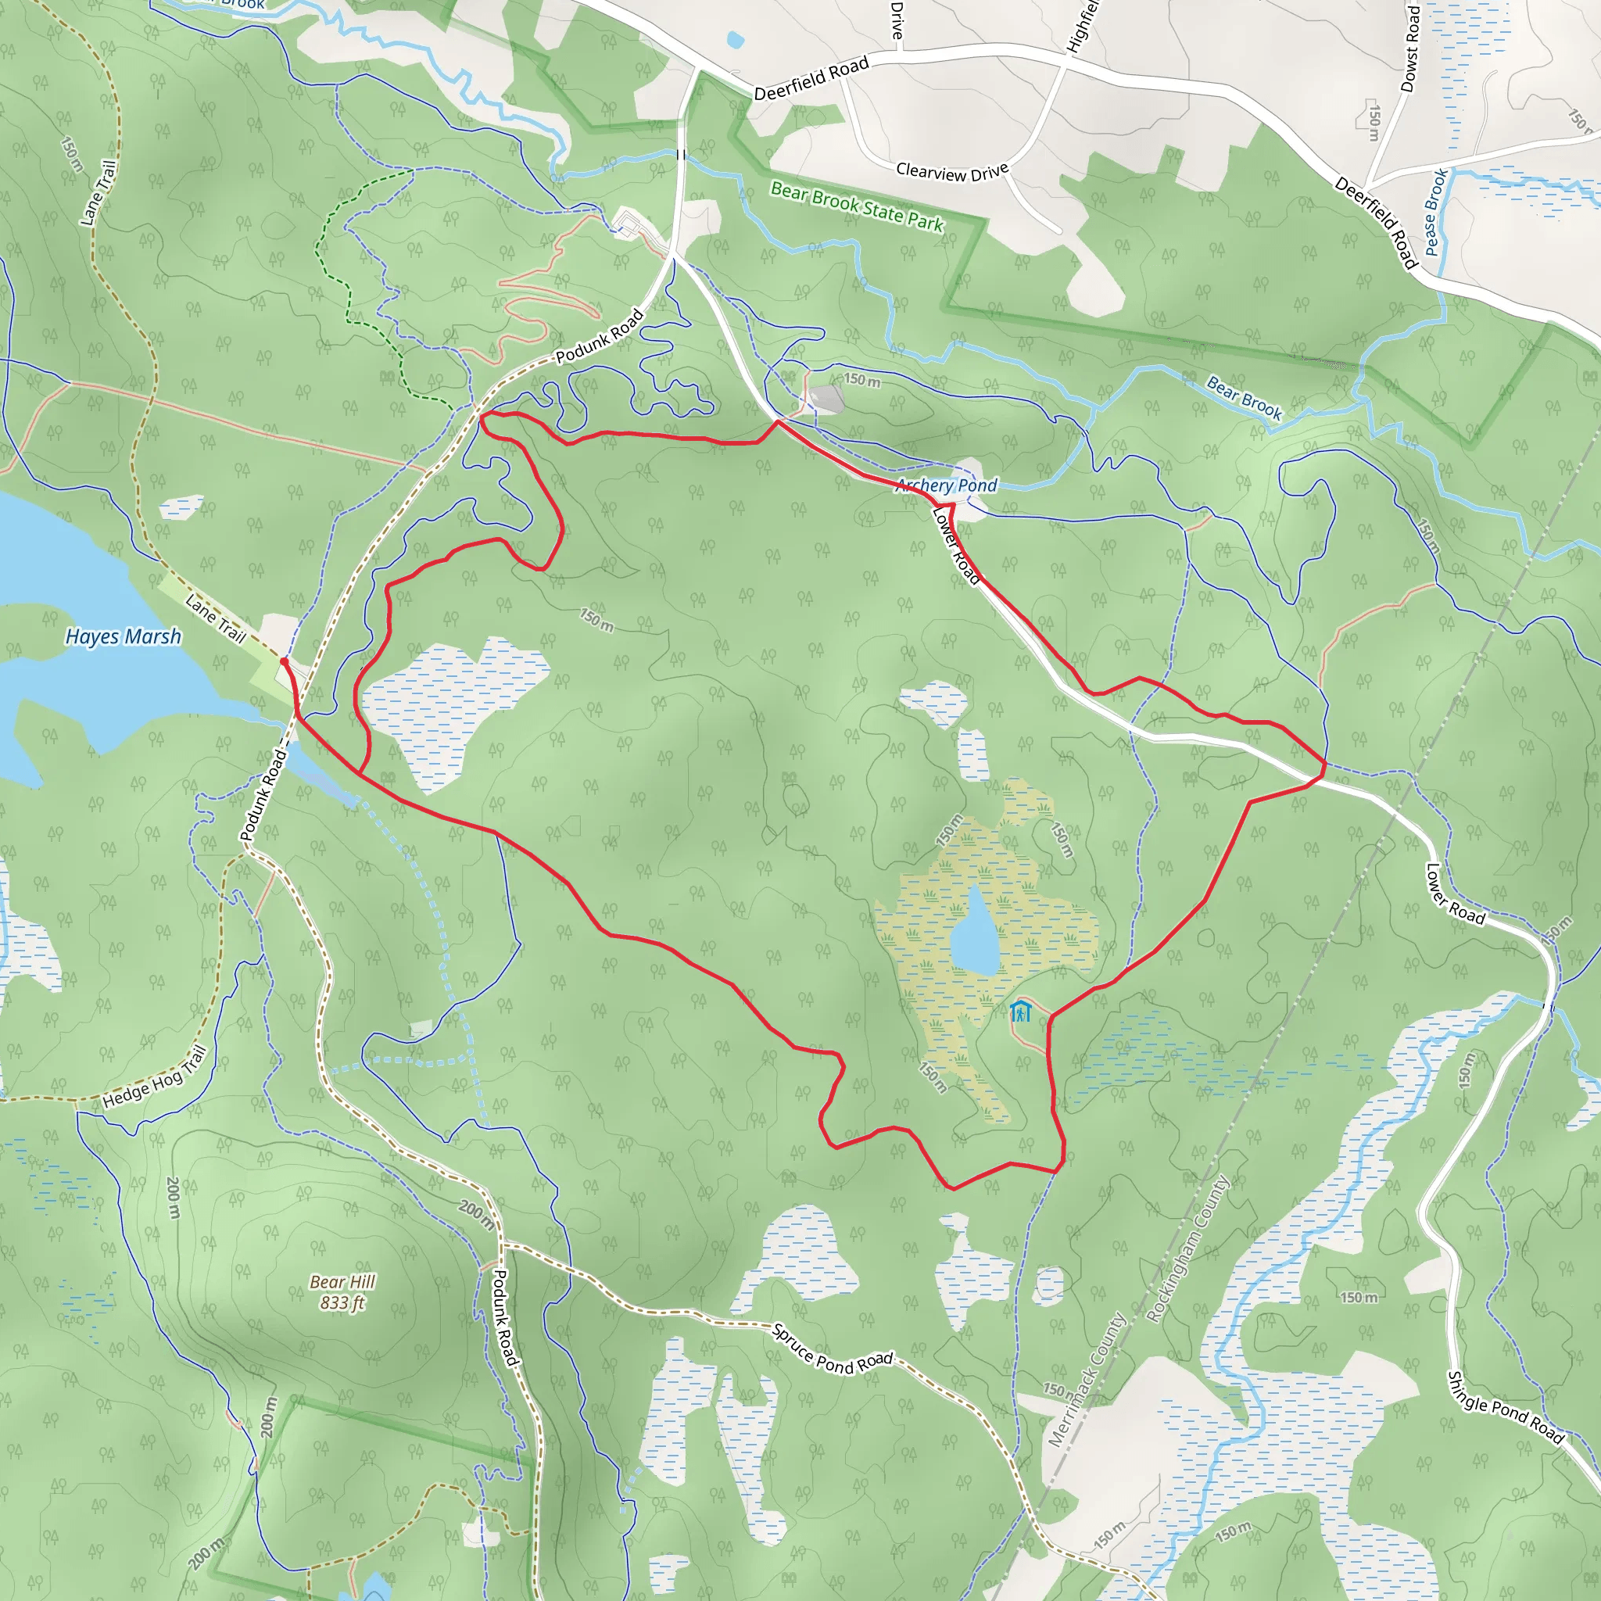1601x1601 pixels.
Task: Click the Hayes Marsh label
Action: (x=123, y=636)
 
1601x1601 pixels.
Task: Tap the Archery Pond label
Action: (x=947, y=485)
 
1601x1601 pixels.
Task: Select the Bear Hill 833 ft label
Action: (x=342, y=1292)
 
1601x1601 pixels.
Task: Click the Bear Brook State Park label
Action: (x=857, y=206)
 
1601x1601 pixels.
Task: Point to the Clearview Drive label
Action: (x=952, y=171)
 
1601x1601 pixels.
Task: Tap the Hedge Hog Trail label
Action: (x=154, y=1077)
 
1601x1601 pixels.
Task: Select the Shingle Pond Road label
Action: (x=1506, y=1407)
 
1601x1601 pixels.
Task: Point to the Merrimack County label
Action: (x=1086, y=1381)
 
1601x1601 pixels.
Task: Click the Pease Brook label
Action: (x=1436, y=211)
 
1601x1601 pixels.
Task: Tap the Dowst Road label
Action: (x=1410, y=48)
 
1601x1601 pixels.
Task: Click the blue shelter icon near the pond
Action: (x=1020, y=1012)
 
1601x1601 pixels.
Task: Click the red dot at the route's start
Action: (x=285, y=661)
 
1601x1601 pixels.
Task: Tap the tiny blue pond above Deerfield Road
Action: (x=734, y=39)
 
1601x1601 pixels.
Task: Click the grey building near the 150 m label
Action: (x=826, y=398)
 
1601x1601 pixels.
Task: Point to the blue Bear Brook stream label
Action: (x=1244, y=398)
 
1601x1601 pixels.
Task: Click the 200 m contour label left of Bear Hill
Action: (x=174, y=1198)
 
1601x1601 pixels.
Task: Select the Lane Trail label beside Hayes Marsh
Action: (x=216, y=618)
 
